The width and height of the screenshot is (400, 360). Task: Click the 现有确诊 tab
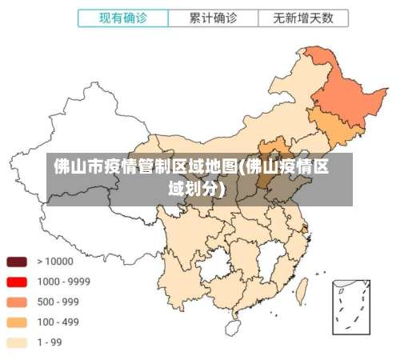click(122, 18)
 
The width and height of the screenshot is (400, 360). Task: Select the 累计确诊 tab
click(213, 18)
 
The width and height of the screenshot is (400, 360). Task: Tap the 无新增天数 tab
click(303, 18)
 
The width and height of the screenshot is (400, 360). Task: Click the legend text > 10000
click(54, 262)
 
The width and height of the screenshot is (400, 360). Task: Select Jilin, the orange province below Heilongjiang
click(332, 128)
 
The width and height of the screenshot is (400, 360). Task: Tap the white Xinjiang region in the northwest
click(72, 136)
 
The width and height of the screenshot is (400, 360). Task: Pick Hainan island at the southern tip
click(233, 327)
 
